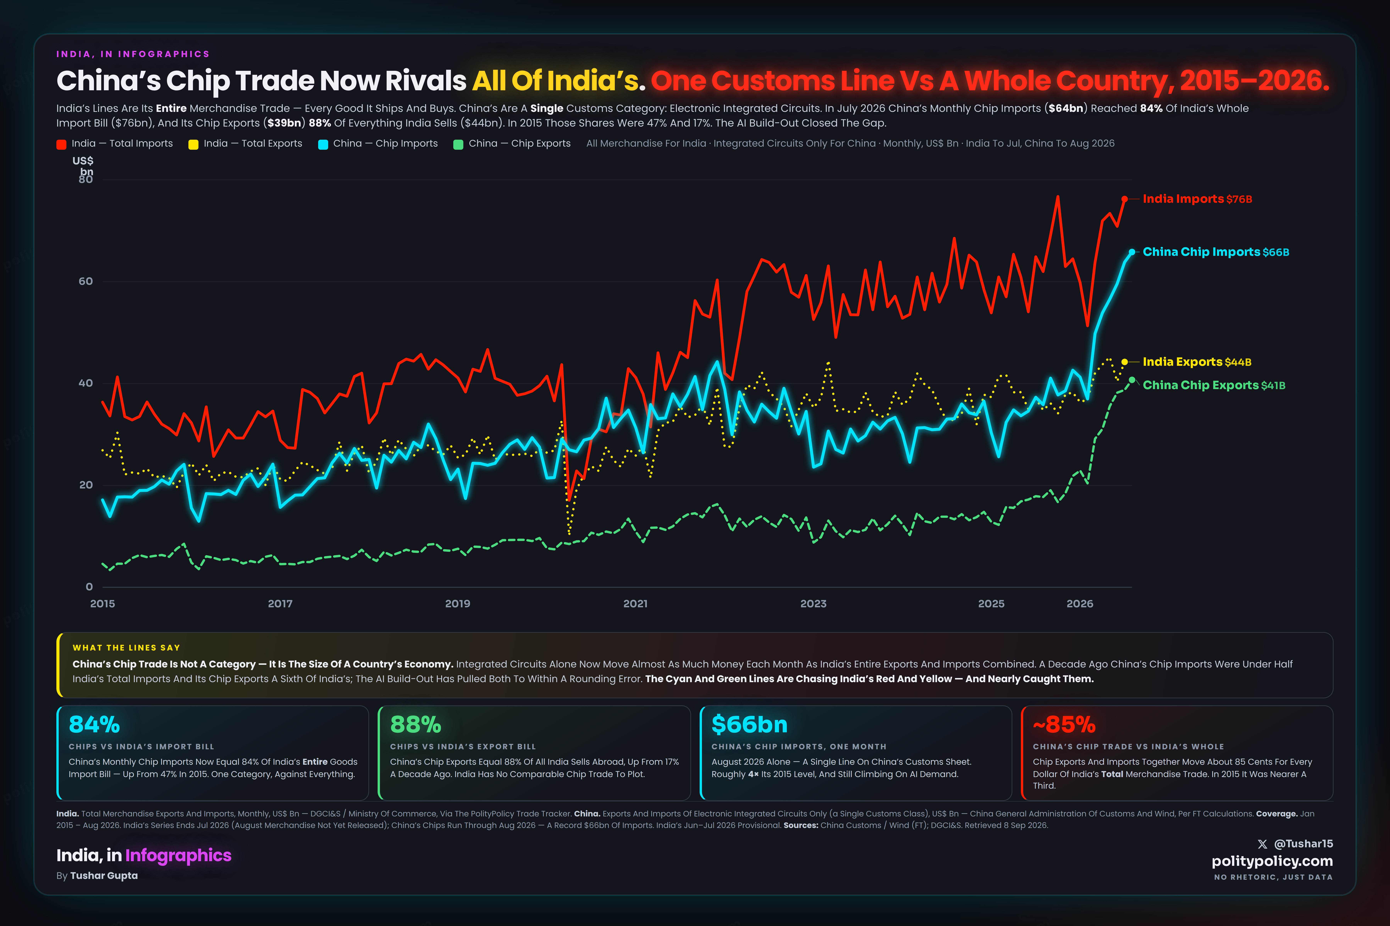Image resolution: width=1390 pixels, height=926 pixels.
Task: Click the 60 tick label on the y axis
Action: [x=86, y=281]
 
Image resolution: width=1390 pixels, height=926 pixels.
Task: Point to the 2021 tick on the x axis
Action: [x=635, y=604]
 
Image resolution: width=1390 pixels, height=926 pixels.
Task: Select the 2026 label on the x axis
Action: [x=1080, y=604]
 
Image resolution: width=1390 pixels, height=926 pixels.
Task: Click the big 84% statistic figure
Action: [x=95, y=725]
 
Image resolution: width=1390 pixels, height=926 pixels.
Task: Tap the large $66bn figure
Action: [x=749, y=725]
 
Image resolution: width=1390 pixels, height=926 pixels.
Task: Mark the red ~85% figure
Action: [x=1064, y=725]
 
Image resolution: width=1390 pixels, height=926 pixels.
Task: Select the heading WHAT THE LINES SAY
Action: [x=126, y=648]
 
